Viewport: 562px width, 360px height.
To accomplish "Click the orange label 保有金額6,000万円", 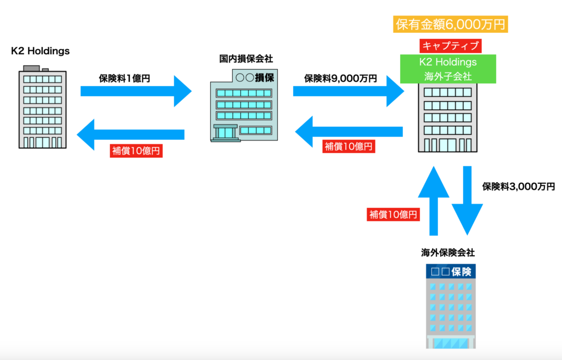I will coord(451,24).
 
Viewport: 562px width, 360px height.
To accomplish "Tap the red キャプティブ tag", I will coord(449,46).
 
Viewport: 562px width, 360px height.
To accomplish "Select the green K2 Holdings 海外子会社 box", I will coord(448,69).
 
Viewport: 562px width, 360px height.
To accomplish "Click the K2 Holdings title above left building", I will coord(41,51).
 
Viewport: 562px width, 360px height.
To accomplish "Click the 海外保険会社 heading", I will coord(448,252).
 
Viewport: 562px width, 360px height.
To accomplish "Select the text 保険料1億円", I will coord(124,78).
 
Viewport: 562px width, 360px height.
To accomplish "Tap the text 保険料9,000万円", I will coord(340,78).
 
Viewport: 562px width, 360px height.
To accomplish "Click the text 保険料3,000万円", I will coord(518,187).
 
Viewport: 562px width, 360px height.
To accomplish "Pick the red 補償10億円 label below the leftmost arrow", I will coord(136,151).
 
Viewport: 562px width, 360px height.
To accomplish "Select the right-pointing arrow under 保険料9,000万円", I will coord(348,91).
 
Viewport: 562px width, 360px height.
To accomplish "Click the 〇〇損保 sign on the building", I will coord(254,78).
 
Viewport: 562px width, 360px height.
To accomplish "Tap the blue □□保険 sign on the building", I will coord(451,271).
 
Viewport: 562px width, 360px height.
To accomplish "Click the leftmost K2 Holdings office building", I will coord(42,107).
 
